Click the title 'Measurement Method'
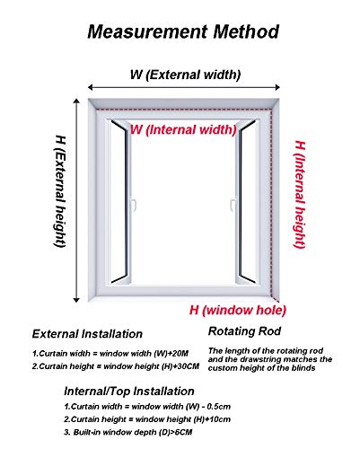coord(183,31)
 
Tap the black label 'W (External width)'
coord(185,75)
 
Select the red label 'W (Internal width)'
coord(183,130)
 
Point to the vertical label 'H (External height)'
coord(60,191)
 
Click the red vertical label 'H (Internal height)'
coord(300,195)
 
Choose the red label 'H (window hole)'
coord(238,310)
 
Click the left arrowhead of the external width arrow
coord(90,87)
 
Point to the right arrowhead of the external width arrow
coord(277,87)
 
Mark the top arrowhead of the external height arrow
coord(76,101)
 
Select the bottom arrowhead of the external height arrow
coord(76,300)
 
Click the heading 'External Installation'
coord(87,334)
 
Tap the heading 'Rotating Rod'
coord(244,331)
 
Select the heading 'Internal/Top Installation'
coord(129,392)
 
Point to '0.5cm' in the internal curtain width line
coord(219,407)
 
